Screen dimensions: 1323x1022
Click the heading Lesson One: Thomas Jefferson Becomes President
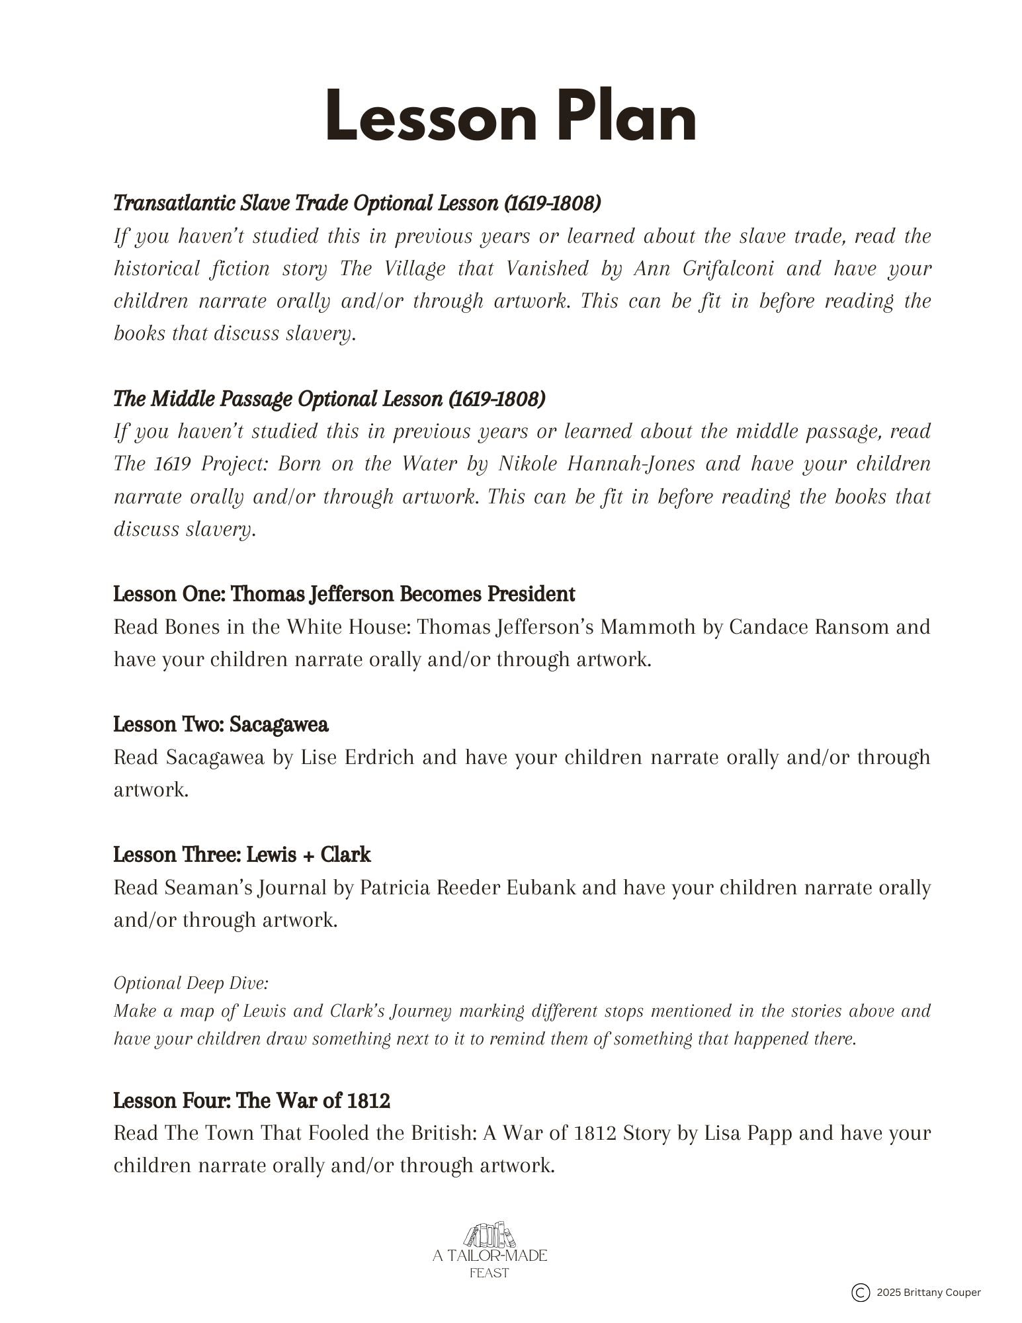pos(344,594)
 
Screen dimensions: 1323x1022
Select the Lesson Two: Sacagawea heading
pos(221,724)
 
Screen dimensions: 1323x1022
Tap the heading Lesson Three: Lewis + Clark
pos(241,855)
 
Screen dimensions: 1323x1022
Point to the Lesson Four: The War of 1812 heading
pos(251,1101)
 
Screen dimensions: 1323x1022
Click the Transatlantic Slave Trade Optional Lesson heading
pos(357,203)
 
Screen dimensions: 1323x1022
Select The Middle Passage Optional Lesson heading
pos(329,399)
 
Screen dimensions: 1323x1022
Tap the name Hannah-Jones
pos(631,464)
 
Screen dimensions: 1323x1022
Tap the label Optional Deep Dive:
pos(191,984)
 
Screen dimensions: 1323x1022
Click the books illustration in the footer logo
pos(490,1235)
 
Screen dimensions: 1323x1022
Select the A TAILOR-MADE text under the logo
pos(490,1256)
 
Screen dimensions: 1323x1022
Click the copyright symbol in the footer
pos(860,1293)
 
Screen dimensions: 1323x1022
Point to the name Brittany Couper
pos(945,1293)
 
